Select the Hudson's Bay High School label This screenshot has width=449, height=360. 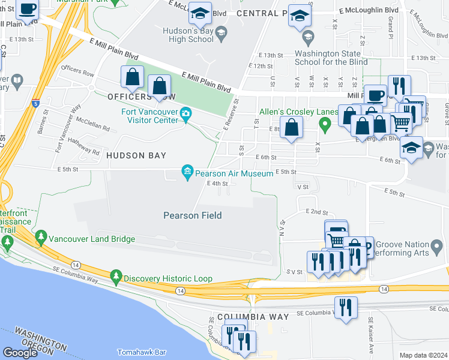tap(188, 35)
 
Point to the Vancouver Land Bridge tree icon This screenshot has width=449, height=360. tap(41, 235)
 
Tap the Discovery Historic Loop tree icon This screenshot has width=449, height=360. tap(116, 278)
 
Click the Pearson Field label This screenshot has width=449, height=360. tap(192, 215)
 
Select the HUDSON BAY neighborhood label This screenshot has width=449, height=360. tap(136, 155)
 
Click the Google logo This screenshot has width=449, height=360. tap(20, 352)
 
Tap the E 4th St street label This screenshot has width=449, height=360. tap(217, 184)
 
